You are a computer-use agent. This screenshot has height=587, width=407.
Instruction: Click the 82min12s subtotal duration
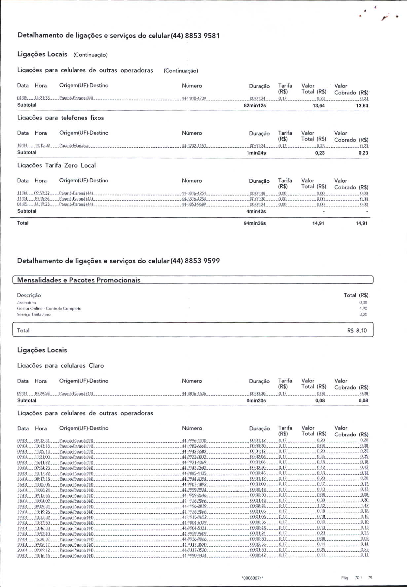(255, 106)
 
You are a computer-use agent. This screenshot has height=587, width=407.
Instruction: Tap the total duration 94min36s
(255, 223)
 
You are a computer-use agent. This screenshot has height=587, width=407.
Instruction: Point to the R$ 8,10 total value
(357, 331)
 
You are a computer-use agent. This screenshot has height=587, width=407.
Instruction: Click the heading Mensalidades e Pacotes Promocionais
(79, 280)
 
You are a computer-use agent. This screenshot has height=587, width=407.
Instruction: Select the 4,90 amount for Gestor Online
(363, 309)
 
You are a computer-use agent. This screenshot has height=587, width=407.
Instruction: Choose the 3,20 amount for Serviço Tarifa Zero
(363, 314)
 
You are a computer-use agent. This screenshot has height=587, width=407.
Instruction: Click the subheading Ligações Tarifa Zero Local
(56, 165)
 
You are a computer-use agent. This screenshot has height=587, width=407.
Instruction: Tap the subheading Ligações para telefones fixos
(60, 118)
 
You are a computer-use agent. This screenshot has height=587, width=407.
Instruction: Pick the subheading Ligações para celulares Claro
(60, 366)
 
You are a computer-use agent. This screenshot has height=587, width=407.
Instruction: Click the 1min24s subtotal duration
(256, 153)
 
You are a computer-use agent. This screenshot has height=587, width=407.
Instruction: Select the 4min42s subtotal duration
(256, 211)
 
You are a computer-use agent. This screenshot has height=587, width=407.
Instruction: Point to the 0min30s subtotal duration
(256, 401)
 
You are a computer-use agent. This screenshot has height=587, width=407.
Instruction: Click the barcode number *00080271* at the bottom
(253, 578)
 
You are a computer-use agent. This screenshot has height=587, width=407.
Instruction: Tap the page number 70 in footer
(357, 578)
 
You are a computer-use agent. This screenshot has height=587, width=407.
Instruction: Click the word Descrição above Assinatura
(29, 295)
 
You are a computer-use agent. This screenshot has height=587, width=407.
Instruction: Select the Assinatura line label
(26, 303)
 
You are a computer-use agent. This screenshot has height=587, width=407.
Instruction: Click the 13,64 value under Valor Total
(318, 106)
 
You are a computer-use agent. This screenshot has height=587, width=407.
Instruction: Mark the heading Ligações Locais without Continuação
(42, 350)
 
